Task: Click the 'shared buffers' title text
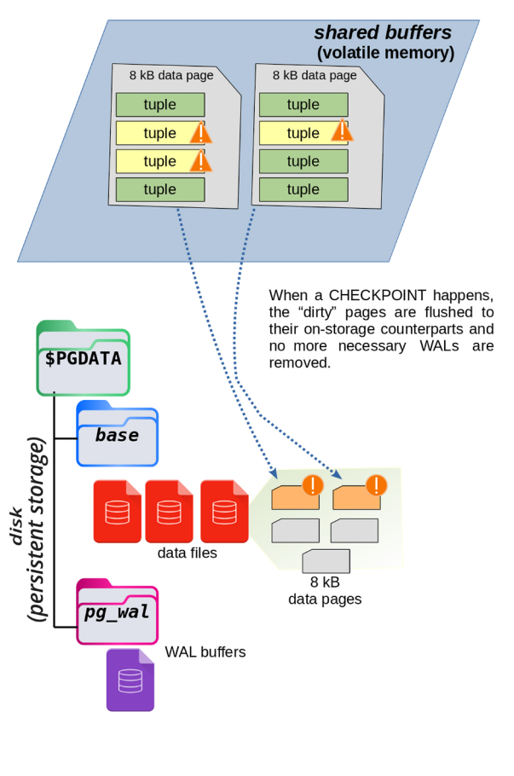pos(382,32)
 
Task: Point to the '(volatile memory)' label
pos(385,53)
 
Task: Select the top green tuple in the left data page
pos(160,105)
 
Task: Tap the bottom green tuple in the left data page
pos(160,189)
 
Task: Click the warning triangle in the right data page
pos(342,130)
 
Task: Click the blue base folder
pos(117,436)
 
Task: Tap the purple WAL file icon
pos(130,680)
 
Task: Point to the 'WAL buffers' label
pos(205,652)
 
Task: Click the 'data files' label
pos(188,553)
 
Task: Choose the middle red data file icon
pos(169,512)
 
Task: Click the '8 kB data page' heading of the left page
pos(171,75)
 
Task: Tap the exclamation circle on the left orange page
pos(313,485)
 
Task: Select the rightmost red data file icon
pos(224,512)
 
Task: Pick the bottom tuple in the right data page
pos(303,189)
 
